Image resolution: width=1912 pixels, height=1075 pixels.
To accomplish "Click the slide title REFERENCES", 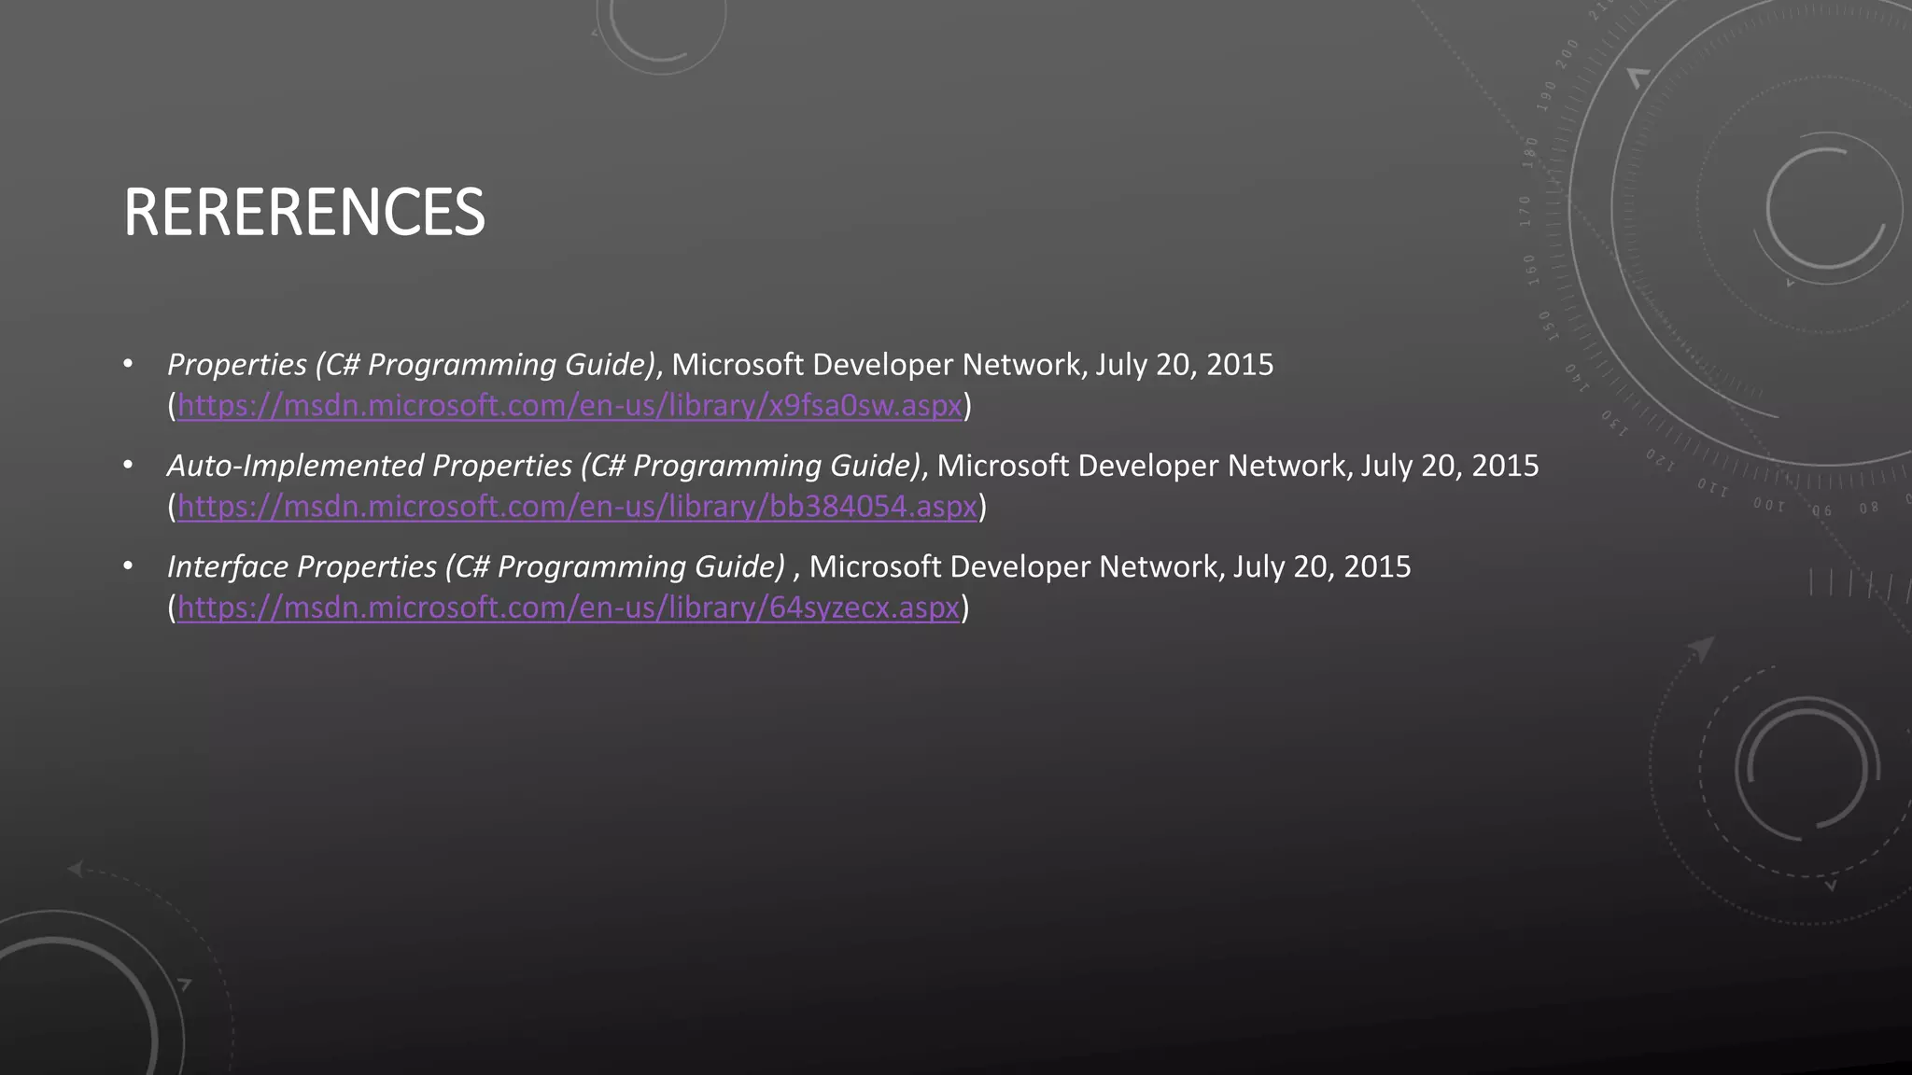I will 303,212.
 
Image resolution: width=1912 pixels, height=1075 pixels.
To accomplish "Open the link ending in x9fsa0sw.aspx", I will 569,406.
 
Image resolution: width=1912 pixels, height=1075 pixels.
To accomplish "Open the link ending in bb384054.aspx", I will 577,507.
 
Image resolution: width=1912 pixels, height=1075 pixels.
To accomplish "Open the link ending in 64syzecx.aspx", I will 569,607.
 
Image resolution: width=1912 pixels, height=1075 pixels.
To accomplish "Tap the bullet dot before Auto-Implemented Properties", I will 128,464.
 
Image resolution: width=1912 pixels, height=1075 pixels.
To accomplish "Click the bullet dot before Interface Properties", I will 128,565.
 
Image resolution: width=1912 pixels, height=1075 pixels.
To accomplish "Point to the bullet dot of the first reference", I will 128,362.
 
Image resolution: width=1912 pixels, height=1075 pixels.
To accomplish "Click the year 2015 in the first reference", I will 1239,364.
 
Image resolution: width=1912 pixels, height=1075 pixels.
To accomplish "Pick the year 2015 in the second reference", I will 1504,465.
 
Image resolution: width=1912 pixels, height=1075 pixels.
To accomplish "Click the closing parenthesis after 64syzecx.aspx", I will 965,607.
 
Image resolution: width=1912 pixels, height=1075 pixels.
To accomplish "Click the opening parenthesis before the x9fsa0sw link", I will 172,406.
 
